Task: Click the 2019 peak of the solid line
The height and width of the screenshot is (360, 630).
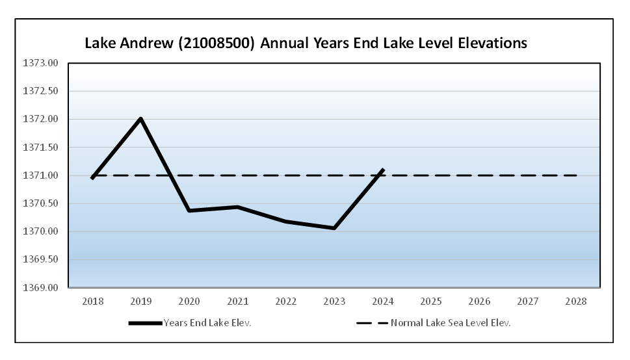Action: coord(140,119)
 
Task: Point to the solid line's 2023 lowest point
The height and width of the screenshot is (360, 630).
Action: coord(334,228)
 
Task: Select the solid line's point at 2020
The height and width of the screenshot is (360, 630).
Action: coord(189,211)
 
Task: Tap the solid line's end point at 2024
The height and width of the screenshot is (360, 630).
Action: coord(383,170)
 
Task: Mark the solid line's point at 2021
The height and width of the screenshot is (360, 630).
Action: coord(237,207)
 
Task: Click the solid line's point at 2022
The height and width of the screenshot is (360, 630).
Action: coord(286,222)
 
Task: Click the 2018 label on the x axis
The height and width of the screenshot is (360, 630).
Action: coord(92,302)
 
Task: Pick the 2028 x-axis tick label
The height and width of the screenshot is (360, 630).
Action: coord(577,302)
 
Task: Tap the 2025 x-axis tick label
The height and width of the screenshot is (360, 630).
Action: coord(431,302)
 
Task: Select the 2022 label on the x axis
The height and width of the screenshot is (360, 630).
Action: coord(286,302)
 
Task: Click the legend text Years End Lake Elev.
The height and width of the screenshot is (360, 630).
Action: coord(207,323)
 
